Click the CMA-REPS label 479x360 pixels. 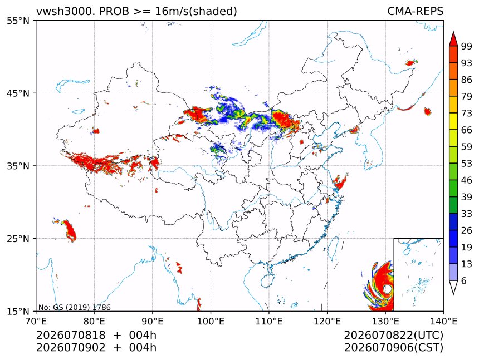click(x=415, y=11)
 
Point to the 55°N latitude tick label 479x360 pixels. click(x=18, y=21)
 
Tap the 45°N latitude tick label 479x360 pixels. click(x=18, y=93)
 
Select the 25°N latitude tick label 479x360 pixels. click(x=18, y=238)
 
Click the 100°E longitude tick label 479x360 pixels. click(x=211, y=321)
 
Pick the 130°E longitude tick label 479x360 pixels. click(x=385, y=321)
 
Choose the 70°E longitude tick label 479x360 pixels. click(x=36, y=321)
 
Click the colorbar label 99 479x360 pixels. click(x=467, y=46)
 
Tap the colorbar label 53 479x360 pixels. click(x=467, y=164)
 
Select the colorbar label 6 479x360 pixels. click(x=464, y=280)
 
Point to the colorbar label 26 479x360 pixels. click(x=467, y=230)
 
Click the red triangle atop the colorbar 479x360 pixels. click(x=453, y=39)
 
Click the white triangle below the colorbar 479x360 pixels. click(x=453, y=287)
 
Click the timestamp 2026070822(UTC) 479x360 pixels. click(x=393, y=335)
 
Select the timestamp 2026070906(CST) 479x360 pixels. click(x=393, y=348)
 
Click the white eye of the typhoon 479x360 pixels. click(x=387, y=289)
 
